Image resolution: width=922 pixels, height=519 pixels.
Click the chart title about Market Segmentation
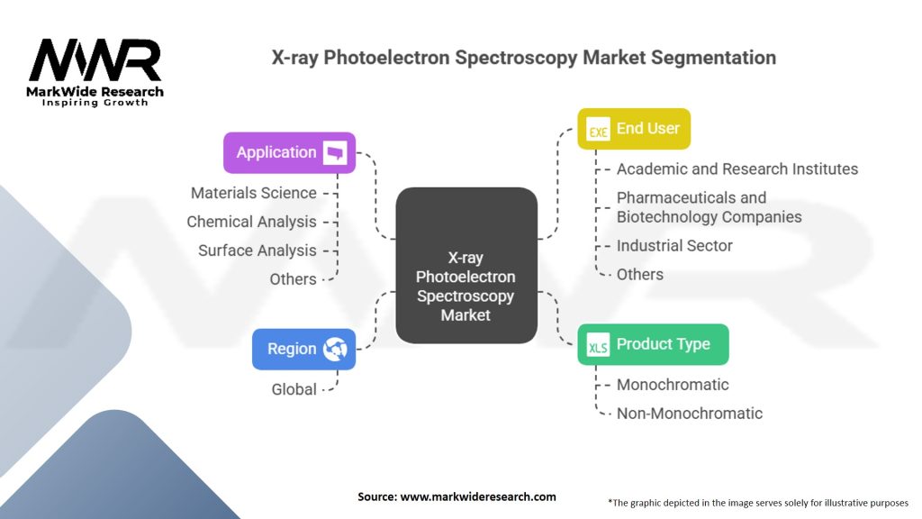pos(523,58)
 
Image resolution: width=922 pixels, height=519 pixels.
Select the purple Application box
pos(289,152)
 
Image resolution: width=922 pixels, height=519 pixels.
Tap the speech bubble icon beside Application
pos(336,152)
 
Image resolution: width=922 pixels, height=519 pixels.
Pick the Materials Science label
pos(253,193)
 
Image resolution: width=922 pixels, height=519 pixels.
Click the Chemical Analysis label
pos(251,222)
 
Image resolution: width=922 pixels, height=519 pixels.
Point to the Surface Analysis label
pos(257,250)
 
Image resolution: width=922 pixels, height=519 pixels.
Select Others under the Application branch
pos(293,279)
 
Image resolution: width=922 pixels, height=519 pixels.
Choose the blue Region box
pos(303,349)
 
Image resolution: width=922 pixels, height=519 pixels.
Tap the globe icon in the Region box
pos(335,349)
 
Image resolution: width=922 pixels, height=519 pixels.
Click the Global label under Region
pos(294,389)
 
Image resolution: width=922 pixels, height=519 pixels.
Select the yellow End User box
pos(634,129)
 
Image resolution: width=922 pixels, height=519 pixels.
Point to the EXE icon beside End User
pos(599,131)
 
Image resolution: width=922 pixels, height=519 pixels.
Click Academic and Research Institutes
pos(737,168)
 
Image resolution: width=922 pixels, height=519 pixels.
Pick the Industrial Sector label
pos(673,245)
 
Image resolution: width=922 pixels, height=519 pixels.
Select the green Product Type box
pos(653,344)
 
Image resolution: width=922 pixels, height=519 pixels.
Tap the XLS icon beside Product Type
pos(598,346)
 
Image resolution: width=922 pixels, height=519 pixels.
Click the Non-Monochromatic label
pos(689,414)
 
